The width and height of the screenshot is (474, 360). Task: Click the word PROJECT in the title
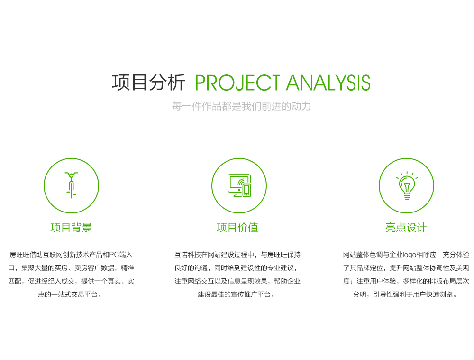pyautogui.click(x=237, y=83)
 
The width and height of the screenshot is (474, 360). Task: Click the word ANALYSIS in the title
pyautogui.click(x=328, y=83)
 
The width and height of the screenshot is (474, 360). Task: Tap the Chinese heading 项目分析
pyautogui.click(x=148, y=82)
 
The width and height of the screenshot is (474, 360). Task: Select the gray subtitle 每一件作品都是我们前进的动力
pyautogui.click(x=241, y=106)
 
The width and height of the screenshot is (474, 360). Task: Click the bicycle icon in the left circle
pyautogui.click(x=72, y=185)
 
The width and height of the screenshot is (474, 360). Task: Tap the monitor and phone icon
pyautogui.click(x=239, y=185)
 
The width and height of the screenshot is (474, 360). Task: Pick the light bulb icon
pyautogui.click(x=407, y=185)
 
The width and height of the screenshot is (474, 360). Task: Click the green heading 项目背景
pyautogui.click(x=71, y=228)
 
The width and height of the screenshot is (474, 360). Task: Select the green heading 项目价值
pyautogui.click(x=237, y=228)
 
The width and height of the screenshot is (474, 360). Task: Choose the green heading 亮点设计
pyautogui.click(x=406, y=228)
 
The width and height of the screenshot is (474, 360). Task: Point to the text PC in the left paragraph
pyautogui.click(x=114, y=255)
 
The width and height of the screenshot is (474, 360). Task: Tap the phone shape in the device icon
pyautogui.click(x=246, y=190)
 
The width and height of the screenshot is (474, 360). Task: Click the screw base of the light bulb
pyautogui.click(x=407, y=197)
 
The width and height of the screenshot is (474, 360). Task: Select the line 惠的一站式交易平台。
pyautogui.click(x=70, y=295)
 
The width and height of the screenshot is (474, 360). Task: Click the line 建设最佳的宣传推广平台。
pyautogui.click(x=237, y=295)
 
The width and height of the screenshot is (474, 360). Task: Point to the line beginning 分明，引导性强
pyautogui.click(x=405, y=295)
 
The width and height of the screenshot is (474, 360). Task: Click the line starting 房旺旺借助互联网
pyautogui.click(x=71, y=255)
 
